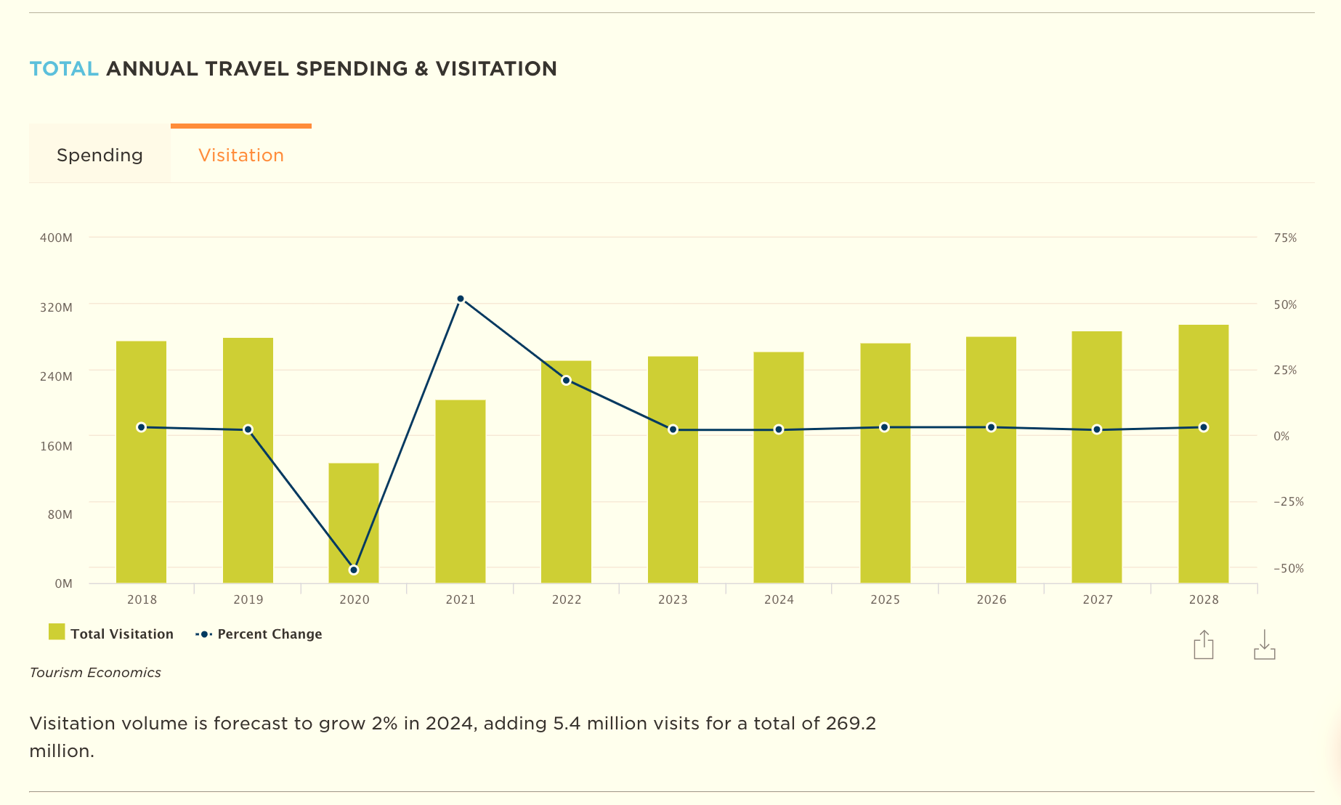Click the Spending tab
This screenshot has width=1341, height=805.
click(100, 155)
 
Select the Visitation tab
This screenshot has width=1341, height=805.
click(241, 155)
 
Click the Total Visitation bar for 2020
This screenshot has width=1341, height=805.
click(354, 523)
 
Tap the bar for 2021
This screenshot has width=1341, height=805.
click(461, 491)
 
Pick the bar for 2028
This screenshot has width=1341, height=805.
click(1204, 454)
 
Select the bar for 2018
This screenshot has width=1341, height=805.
click(142, 462)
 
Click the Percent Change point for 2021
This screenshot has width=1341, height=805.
click(461, 299)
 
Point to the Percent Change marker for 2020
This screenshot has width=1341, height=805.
click(354, 570)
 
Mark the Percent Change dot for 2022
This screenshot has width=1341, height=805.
click(567, 380)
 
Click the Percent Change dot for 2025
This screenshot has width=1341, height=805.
click(885, 427)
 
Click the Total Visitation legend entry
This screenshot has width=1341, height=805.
click(111, 634)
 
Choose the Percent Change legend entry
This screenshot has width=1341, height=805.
click(259, 634)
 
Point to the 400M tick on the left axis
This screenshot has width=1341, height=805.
click(56, 238)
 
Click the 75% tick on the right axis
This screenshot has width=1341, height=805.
click(1285, 238)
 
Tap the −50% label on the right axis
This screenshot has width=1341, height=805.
click(1289, 568)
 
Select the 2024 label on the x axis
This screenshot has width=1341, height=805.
click(779, 599)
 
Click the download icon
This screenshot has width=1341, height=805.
click(1265, 644)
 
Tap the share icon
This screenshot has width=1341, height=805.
click(1204, 644)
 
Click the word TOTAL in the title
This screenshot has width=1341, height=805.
click(64, 68)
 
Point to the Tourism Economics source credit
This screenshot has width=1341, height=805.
click(95, 672)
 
